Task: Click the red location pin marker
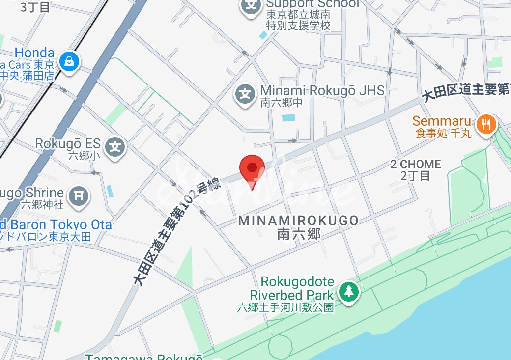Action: coord(252,168)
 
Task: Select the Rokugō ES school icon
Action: coord(115,147)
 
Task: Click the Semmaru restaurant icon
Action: coord(486,124)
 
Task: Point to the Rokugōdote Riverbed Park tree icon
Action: coord(349,292)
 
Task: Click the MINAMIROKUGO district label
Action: coord(298,221)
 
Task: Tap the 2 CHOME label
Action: coord(416,164)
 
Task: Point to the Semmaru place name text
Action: coord(442,121)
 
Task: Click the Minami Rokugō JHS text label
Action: coord(322,91)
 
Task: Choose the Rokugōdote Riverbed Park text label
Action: coord(292,289)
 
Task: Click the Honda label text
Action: coord(34,53)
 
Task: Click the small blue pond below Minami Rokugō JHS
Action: coord(288,118)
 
